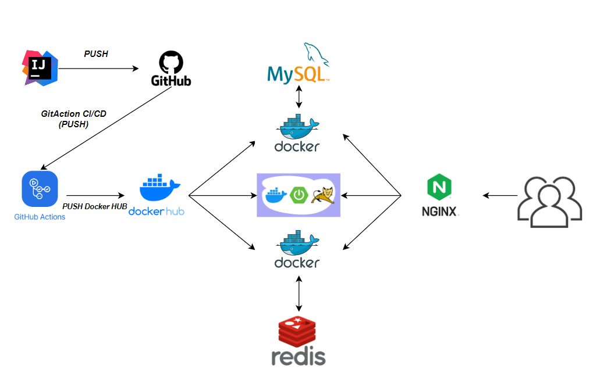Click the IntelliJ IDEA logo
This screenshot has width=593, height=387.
click(x=40, y=67)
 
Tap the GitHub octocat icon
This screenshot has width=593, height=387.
click(x=171, y=62)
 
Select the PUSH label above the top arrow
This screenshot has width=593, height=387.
click(x=96, y=54)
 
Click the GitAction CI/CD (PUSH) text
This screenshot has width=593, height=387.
click(x=73, y=119)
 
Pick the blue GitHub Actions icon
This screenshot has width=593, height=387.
click(x=40, y=189)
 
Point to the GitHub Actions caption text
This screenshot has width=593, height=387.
click(x=40, y=217)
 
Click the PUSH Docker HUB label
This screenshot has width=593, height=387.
click(x=95, y=206)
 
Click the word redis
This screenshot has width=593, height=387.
click(x=298, y=356)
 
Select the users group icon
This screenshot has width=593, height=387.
click(x=549, y=199)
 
